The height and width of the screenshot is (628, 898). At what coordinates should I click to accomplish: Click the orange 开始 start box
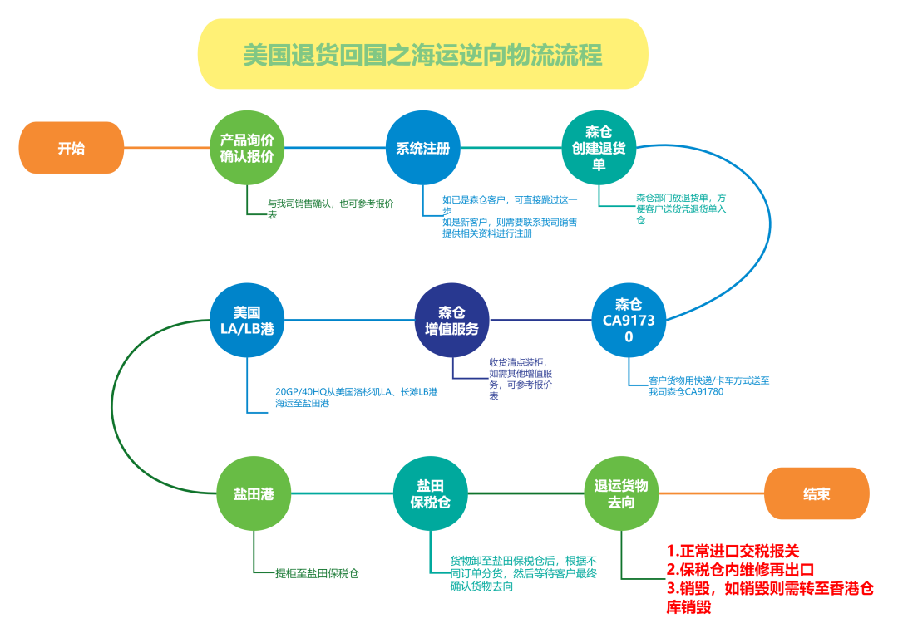(x=72, y=148)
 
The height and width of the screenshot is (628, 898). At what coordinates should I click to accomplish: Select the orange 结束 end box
(x=817, y=493)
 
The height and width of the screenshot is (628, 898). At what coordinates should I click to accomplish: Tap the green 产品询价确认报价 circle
(x=246, y=148)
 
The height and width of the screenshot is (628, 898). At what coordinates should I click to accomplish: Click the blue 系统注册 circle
(x=422, y=148)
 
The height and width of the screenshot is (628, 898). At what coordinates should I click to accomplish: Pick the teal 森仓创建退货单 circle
(x=599, y=148)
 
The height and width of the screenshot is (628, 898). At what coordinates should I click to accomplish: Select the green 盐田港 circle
(x=253, y=493)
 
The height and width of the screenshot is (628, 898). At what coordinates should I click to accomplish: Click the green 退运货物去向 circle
(x=620, y=493)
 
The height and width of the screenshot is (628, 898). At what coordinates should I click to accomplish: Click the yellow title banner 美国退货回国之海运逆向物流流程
(x=422, y=55)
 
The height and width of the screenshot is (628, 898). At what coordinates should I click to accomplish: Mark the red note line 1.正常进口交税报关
(x=732, y=551)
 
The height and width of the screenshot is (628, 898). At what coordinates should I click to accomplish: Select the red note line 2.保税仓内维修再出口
(x=740, y=570)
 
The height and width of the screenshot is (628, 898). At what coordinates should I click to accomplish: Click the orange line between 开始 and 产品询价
(x=166, y=148)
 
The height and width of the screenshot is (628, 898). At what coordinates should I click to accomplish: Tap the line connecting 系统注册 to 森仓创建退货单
(x=511, y=148)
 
